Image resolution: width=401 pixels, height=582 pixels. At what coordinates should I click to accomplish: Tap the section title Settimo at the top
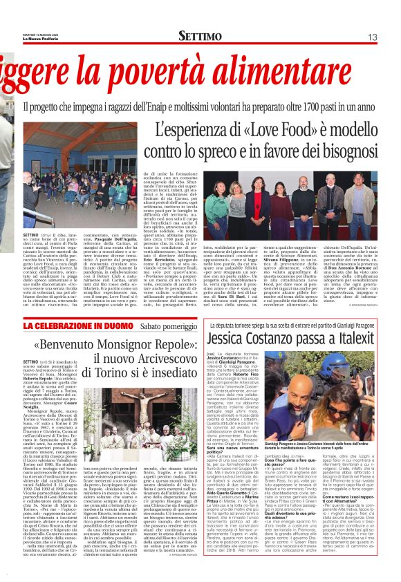tap(200, 35)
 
